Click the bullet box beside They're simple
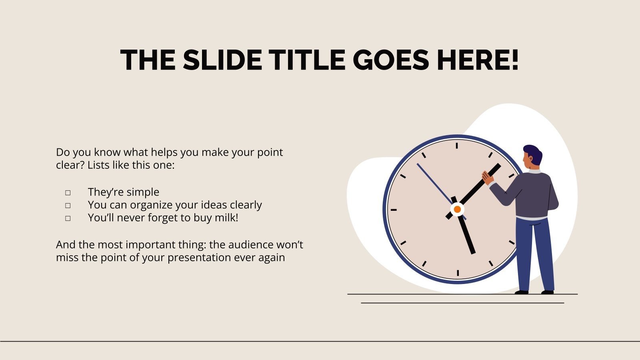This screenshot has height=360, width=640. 68,193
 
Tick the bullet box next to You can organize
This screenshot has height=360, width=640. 68,206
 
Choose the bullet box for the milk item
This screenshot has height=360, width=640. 68,218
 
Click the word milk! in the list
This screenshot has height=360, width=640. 226,218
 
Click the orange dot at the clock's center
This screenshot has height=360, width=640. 457,209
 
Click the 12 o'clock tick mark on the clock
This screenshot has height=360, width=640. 457,145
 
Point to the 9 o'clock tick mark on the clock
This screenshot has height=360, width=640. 393,210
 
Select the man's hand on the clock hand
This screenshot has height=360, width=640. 487,177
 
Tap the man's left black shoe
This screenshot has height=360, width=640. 521,292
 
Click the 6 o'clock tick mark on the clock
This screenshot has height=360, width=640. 458,273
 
